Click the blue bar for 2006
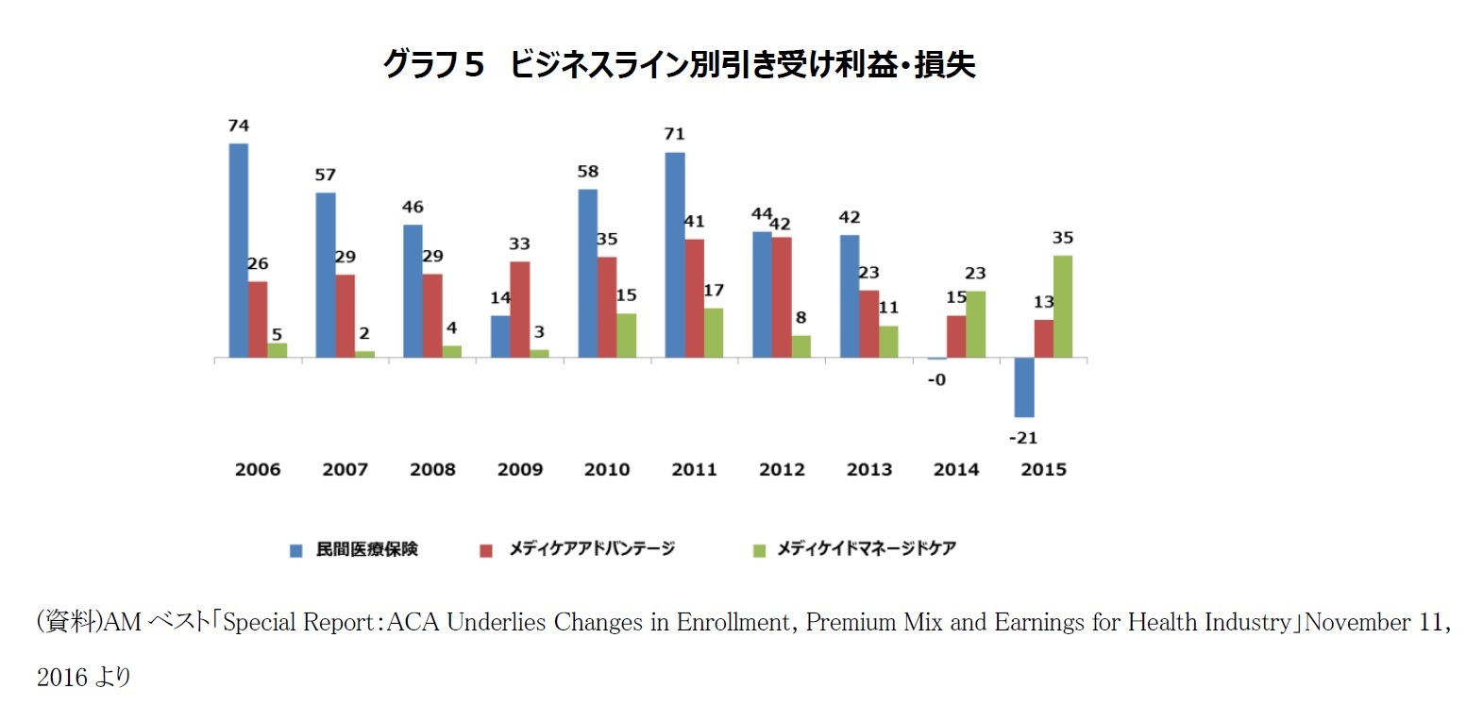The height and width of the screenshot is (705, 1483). coord(239,250)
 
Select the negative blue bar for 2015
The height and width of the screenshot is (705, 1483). coord(1024,387)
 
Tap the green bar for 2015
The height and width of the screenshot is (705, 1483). coord(1063,306)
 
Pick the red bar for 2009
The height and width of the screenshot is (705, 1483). coord(520,310)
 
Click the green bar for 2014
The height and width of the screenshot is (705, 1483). coord(975,324)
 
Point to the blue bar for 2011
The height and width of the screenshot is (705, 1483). coord(675,255)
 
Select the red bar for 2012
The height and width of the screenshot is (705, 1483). coord(782,297)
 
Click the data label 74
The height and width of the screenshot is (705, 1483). coord(239,126)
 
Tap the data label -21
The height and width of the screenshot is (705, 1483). coord(1023,438)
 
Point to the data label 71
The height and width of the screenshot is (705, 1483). coord(674,134)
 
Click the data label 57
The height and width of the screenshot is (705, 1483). coord(326,175)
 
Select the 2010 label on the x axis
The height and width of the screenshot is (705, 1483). coord(607,469)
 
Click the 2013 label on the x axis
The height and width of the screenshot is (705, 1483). coord(869,469)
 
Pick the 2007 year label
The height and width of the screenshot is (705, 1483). coord(345,469)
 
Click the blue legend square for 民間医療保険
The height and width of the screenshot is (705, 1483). coord(296,550)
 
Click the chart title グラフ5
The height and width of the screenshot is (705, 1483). coord(433,64)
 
